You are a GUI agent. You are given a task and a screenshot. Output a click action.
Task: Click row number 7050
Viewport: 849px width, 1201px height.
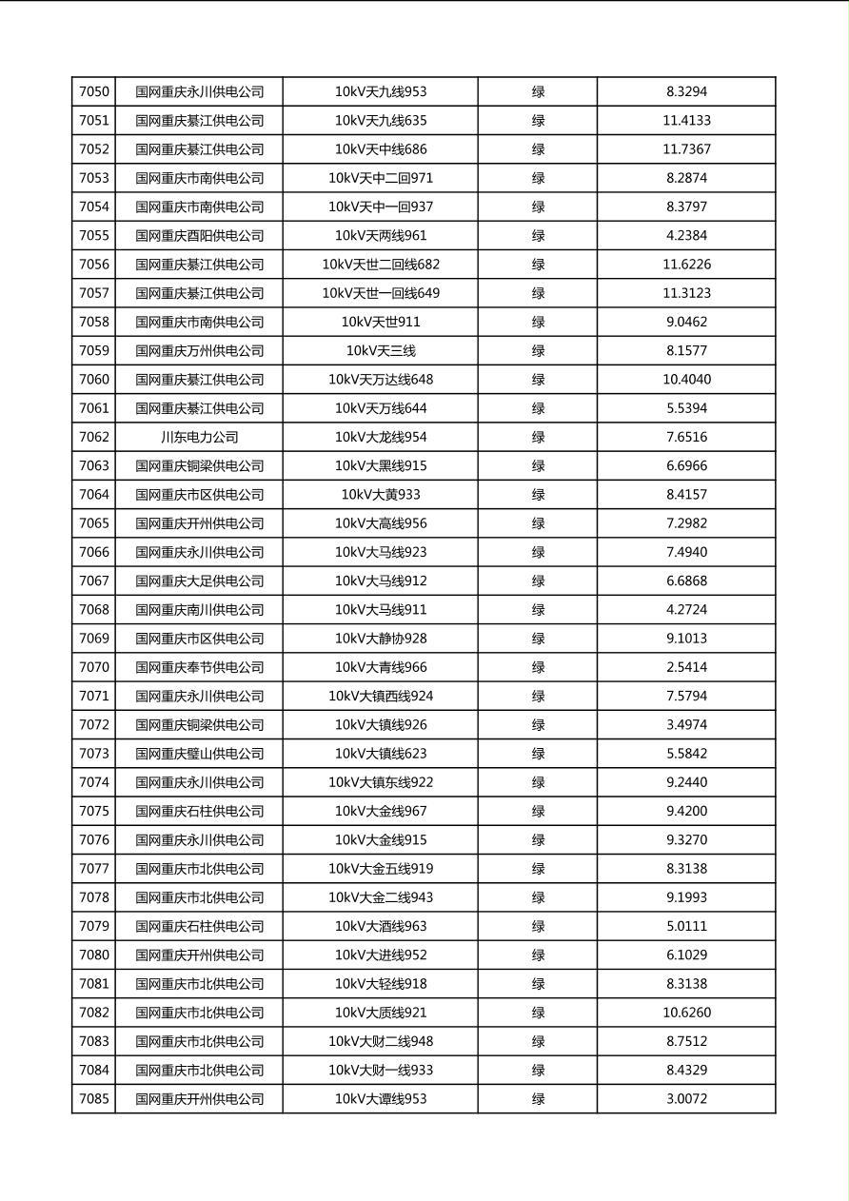tap(94, 92)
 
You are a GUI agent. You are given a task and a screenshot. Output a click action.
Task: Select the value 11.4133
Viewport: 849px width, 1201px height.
tap(686, 121)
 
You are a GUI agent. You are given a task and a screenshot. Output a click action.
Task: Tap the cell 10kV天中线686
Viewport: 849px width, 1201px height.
tap(381, 149)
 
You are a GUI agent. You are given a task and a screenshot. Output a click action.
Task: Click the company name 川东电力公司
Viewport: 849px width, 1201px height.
tap(199, 437)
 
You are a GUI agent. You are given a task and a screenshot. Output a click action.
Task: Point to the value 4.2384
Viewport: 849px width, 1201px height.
tap(686, 236)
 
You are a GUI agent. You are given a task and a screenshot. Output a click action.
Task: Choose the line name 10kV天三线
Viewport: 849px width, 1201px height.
tap(381, 351)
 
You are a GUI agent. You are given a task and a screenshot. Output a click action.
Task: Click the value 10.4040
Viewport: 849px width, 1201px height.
tap(686, 380)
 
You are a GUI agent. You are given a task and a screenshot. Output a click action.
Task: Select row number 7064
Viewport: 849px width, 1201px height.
tap(94, 495)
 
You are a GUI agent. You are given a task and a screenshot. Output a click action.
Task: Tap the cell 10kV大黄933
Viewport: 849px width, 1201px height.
tap(381, 495)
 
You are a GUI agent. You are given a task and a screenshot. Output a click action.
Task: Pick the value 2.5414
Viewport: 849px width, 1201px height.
tap(686, 667)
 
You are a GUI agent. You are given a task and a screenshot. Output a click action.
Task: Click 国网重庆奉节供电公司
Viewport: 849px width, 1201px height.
tap(199, 667)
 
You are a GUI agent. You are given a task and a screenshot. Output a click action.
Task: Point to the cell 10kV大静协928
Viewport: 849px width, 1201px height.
tap(381, 639)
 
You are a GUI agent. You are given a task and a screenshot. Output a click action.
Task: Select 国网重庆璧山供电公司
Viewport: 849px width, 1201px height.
tap(199, 754)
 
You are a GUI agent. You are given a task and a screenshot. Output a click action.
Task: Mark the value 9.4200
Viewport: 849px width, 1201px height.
tap(686, 811)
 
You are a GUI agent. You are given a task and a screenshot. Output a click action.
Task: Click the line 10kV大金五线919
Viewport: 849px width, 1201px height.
tap(381, 869)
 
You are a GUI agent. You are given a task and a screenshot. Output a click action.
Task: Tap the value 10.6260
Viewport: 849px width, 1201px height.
tap(686, 1013)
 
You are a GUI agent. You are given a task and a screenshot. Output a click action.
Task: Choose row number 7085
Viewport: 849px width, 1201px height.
tap(94, 1099)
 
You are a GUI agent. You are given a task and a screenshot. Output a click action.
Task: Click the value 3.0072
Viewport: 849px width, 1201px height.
tap(686, 1099)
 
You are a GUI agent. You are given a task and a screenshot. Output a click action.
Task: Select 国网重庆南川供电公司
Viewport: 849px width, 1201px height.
tap(199, 610)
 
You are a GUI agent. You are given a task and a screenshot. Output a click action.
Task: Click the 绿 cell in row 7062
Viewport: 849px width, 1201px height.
tap(538, 437)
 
